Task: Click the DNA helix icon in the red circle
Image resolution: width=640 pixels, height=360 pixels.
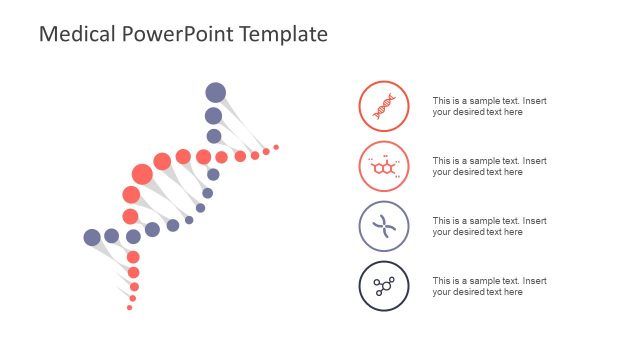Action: coord(384,106)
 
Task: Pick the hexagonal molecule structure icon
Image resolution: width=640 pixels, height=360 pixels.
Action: coord(384,166)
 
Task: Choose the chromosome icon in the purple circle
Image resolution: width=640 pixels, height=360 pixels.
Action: coord(384,226)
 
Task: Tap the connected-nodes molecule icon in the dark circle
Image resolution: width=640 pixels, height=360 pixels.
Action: coord(384,286)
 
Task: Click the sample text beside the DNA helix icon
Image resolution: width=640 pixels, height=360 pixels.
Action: coord(489,106)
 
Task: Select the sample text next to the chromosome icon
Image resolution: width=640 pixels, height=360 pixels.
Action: coord(489,226)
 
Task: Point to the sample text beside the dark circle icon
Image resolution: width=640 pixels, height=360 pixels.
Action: coord(489,286)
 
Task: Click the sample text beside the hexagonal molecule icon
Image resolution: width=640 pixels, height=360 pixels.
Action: coord(489,166)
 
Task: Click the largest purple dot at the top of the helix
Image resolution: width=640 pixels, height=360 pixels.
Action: coord(216,93)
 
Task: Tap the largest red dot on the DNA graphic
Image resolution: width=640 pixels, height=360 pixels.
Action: coord(142,174)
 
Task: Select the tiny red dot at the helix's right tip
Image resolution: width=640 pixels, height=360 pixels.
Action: coord(276,147)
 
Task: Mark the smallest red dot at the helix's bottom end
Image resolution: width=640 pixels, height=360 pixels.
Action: coord(129,308)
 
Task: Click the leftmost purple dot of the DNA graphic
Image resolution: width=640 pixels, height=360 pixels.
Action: coord(92,237)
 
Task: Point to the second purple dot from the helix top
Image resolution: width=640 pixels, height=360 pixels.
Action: coord(214,116)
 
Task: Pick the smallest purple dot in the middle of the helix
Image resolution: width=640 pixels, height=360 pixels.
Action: coord(189,220)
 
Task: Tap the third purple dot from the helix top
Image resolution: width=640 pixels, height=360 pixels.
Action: coord(214,136)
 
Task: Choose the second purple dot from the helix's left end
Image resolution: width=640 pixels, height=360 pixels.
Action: coord(112,236)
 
